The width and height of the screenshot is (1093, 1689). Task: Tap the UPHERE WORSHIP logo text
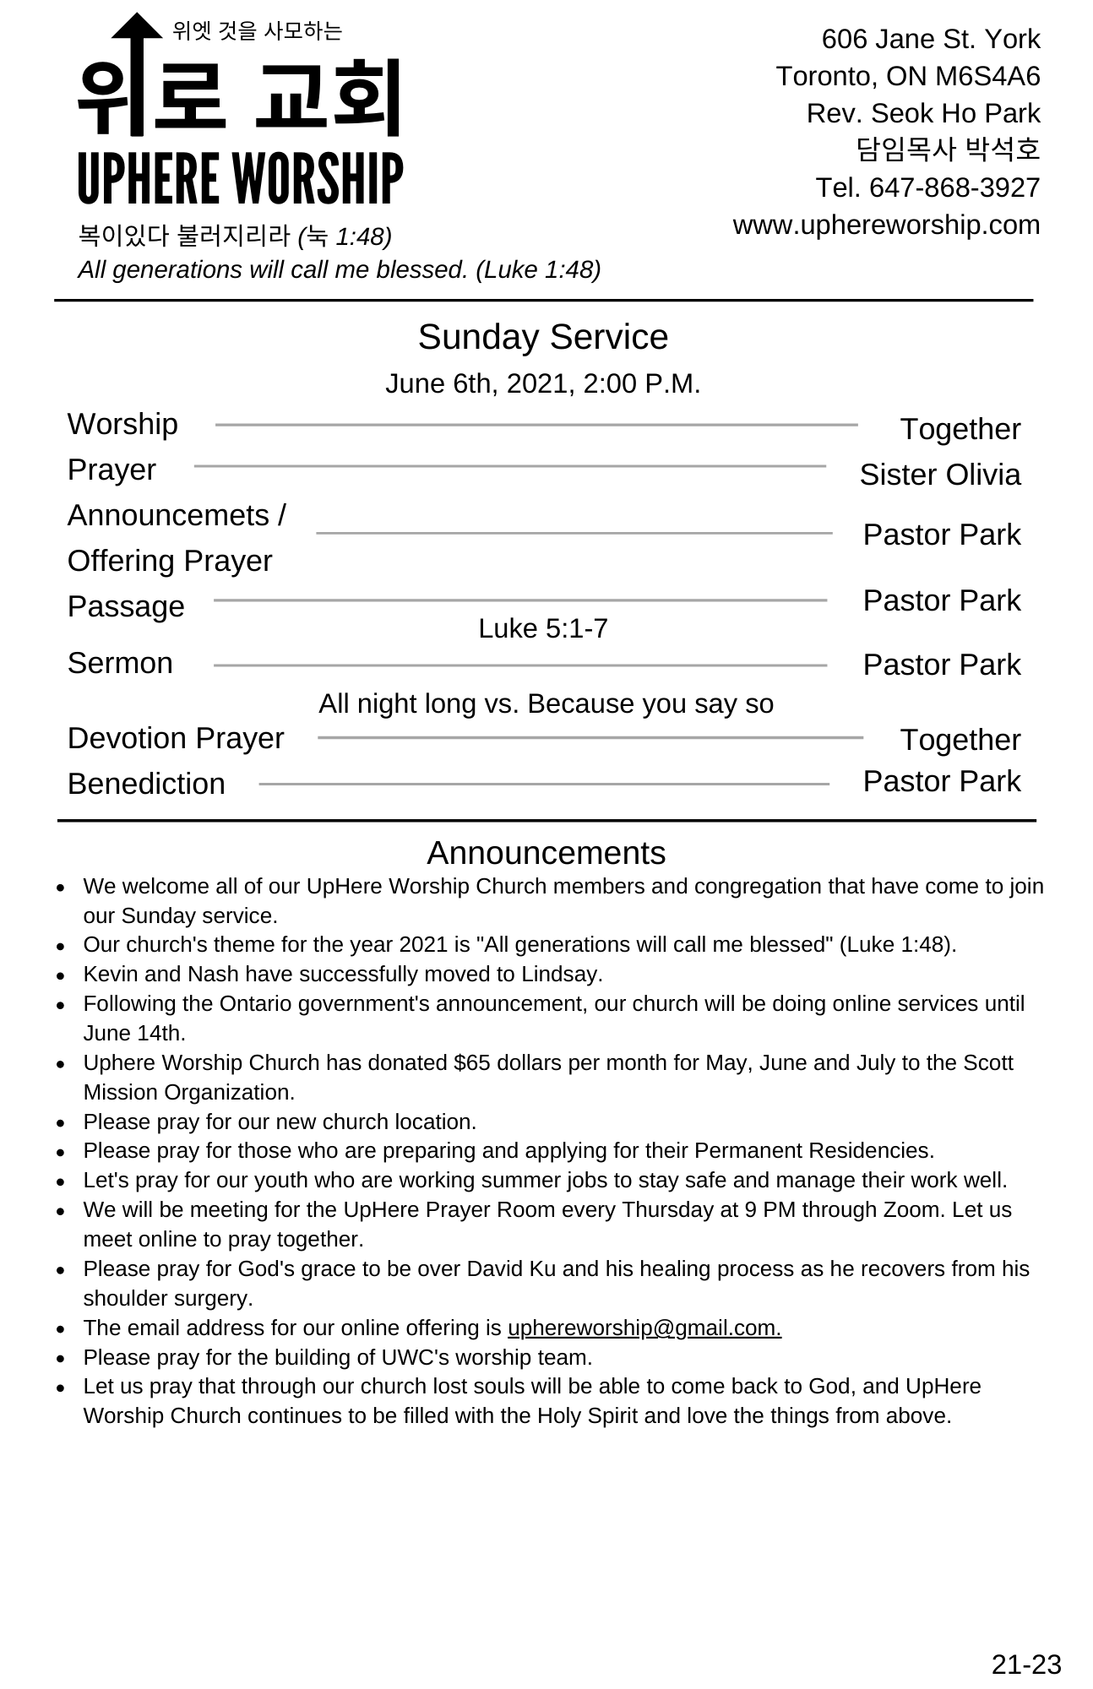point(240,178)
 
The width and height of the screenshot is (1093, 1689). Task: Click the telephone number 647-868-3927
point(954,187)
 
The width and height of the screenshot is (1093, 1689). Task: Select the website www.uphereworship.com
point(886,225)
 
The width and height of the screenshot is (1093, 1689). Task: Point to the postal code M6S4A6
point(987,76)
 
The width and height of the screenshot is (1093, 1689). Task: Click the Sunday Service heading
point(542,337)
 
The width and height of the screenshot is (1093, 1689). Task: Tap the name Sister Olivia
point(939,475)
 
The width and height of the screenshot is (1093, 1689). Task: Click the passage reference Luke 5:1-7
point(542,628)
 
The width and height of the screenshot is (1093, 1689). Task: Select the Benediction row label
point(146,784)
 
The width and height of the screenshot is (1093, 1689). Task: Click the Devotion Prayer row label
point(176,738)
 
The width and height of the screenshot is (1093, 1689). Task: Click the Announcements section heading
point(546,853)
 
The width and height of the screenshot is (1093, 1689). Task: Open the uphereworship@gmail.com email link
point(644,1328)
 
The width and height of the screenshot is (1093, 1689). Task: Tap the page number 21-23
point(1025,1664)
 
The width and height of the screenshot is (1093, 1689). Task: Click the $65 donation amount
point(471,1062)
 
